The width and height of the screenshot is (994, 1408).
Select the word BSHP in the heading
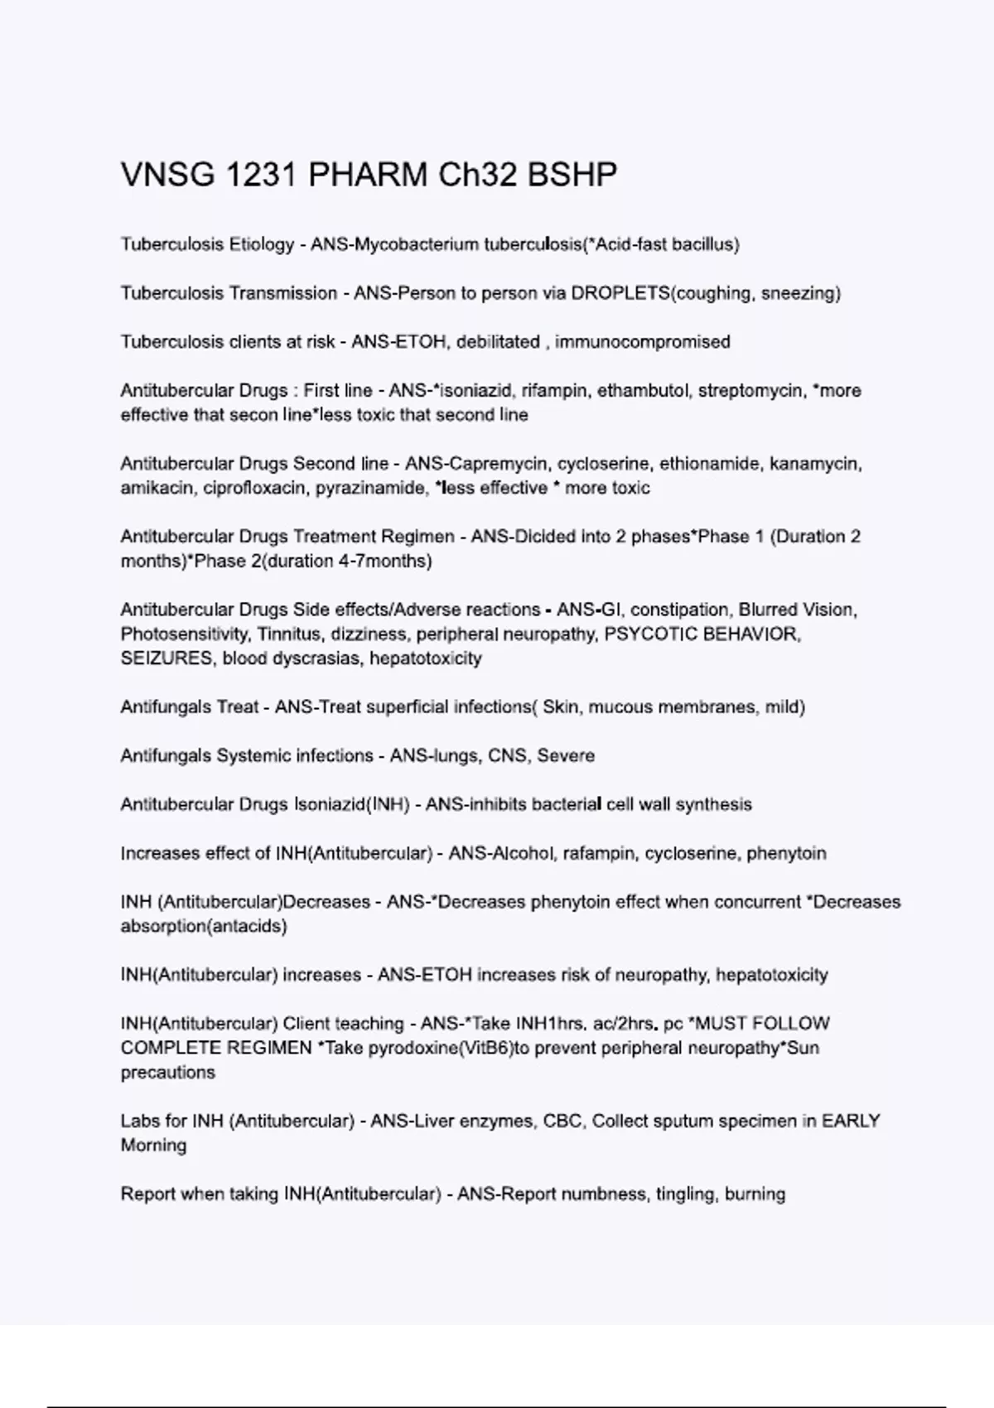click(x=572, y=176)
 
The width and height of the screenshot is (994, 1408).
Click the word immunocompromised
click(x=643, y=342)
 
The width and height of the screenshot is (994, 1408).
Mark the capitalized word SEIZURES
click(x=166, y=658)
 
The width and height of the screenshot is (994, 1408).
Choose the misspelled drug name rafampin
click(x=600, y=854)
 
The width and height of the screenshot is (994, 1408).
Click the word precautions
click(x=168, y=1073)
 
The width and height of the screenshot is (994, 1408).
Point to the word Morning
click(x=153, y=1145)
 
